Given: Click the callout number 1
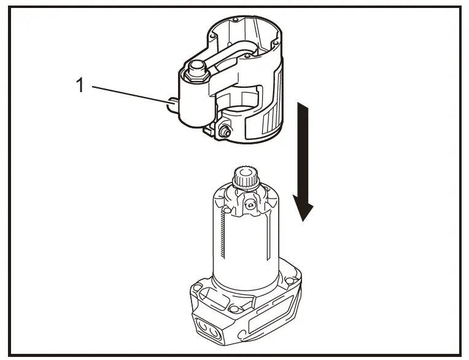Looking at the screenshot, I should [x=79, y=85].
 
